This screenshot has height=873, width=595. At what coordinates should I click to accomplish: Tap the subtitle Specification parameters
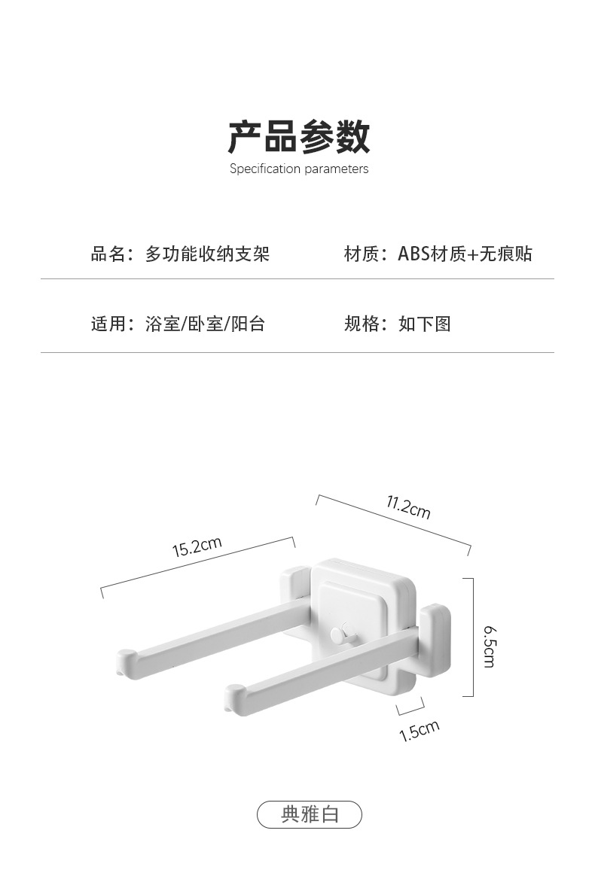tap(299, 169)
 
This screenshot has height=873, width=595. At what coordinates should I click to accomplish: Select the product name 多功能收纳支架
tap(207, 254)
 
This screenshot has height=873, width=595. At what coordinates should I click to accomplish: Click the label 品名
tap(108, 254)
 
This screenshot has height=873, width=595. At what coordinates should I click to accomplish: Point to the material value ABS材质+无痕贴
tap(465, 254)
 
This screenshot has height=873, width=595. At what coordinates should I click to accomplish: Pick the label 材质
tap(361, 254)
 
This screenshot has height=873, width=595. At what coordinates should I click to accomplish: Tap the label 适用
tap(108, 324)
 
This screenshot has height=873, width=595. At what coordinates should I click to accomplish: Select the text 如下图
tap(424, 324)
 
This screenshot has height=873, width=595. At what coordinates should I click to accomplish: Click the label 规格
tap(361, 324)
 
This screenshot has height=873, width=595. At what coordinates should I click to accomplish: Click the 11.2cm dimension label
tap(408, 508)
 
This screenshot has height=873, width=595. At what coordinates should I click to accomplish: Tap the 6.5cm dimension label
tap(489, 646)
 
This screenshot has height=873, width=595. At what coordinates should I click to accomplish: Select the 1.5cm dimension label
tap(419, 731)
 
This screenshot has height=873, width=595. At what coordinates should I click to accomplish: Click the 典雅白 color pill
tap(310, 814)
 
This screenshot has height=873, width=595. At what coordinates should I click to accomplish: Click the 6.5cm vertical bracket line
tap(472, 637)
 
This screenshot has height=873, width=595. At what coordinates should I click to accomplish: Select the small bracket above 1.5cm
tap(411, 707)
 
